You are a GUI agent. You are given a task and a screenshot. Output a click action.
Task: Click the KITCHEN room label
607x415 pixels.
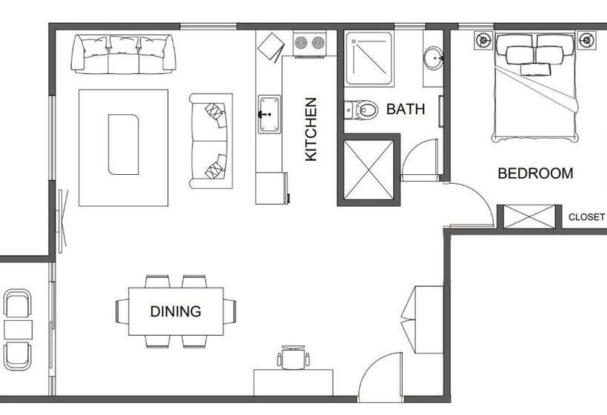tap(312, 129)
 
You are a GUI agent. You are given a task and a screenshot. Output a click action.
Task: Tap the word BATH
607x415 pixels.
tap(406, 110)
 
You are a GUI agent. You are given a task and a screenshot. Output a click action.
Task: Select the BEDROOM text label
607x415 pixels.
tap(534, 173)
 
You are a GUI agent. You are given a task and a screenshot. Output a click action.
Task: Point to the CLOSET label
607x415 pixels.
tap(586, 217)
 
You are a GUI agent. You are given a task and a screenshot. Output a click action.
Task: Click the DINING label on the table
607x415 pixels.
tap(175, 311)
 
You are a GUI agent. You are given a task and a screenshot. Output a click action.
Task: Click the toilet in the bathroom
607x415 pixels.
tap(360, 110)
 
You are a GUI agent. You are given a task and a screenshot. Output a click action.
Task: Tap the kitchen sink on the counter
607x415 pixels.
tap(268, 114)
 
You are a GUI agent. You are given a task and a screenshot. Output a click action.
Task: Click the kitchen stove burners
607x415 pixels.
tap(310, 42)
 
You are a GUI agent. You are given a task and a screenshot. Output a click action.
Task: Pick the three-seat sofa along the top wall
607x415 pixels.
tap(123, 53)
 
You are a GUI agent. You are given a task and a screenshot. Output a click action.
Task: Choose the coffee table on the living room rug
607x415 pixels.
tap(123, 144)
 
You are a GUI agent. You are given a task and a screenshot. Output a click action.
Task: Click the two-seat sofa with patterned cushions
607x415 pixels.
tap(210, 141)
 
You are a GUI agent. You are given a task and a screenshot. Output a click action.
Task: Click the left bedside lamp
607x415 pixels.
tap(483, 39)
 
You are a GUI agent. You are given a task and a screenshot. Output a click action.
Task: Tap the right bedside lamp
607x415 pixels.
tap(586, 39)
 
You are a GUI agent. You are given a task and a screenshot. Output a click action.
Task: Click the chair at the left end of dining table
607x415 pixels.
tap(122, 311)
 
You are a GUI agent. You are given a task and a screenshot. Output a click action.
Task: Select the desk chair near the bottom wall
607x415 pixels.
tap(294, 358)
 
